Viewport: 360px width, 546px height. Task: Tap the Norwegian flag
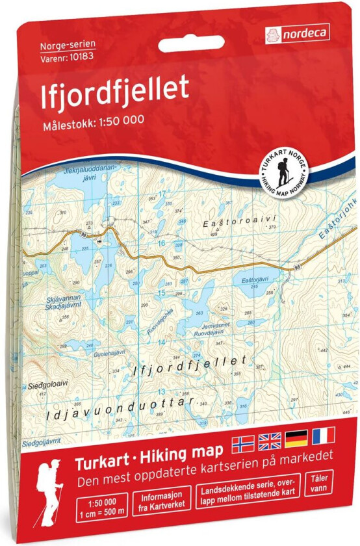point(243,441)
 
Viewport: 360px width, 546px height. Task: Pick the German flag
point(296,441)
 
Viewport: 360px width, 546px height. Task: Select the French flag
point(322,441)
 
